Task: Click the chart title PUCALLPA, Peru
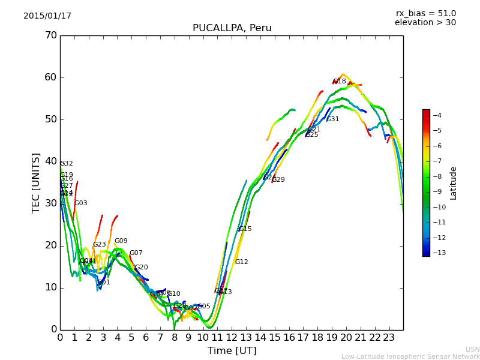232,28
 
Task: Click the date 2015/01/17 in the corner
47,16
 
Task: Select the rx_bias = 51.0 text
426,13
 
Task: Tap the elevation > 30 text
425,23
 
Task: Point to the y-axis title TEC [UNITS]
36,182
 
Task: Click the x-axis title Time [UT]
232,350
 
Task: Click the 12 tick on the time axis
232,338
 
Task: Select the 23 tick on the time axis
389,338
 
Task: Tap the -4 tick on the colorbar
437,115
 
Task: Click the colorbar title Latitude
454,183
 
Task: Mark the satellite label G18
340,82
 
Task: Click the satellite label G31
333,119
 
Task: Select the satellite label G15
245,229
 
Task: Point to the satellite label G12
242,262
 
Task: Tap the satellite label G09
121,241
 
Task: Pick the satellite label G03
81,203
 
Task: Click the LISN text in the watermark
473,349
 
